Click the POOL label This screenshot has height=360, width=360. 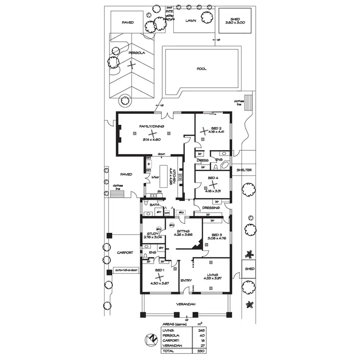pyautogui.click(x=202, y=69)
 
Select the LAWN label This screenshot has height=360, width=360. pyautogui.click(x=191, y=22)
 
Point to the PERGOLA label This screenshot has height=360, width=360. pyautogui.click(x=136, y=53)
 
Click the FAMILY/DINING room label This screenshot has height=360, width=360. pyautogui.click(x=152, y=126)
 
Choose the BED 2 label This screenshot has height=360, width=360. pyautogui.click(x=216, y=128)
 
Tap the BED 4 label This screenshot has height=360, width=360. pyautogui.click(x=213, y=178)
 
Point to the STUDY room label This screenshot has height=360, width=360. pyautogui.click(x=152, y=234)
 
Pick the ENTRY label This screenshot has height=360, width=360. pyautogui.click(x=186, y=280)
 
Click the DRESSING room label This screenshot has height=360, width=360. pyautogui.click(x=211, y=208)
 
